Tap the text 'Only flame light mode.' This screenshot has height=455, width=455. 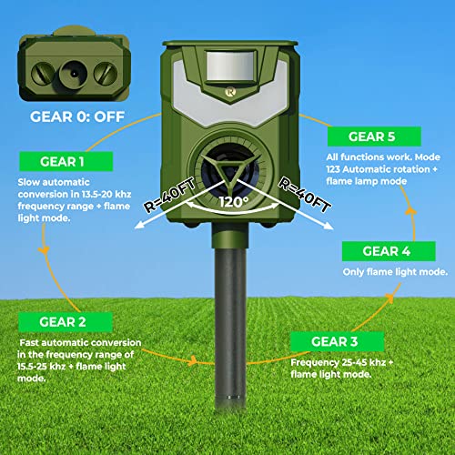[x=394, y=272]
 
